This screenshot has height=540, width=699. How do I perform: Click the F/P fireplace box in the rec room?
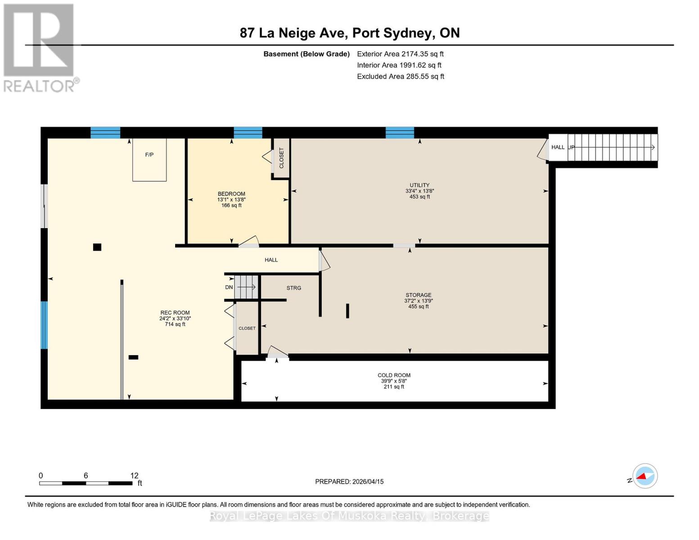pyautogui.click(x=149, y=159)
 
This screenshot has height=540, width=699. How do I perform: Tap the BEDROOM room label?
pyautogui.click(x=231, y=193)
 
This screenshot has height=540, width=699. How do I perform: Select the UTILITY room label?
pyautogui.click(x=419, y=185)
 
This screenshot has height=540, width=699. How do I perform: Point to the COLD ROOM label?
pyautogui.click(x=394, y=375)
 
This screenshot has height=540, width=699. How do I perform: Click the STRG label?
pyautogui.click(x=294, y=288)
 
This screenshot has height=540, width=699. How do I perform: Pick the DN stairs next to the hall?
pyautogui.click(x=246, y=287)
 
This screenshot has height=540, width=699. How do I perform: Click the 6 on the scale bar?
pyautogui.click(x=86, y=475)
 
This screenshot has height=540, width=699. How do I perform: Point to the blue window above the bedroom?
pyautogui.click(x=248, y=132)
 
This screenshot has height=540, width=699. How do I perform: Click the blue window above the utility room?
pyautogui.click(x=400, y=132)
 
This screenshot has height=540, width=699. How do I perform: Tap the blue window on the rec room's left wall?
pyautogui.click(x=44, y=325)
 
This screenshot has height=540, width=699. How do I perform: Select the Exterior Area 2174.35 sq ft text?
pyautogui.click(x=400, y=54)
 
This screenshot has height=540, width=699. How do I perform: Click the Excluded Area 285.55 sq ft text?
pyautogui.click(x=401, y=76)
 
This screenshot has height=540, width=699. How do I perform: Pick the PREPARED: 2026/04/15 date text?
pyautogui.click(x=349, y=481)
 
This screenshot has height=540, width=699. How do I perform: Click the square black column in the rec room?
pyautogui.click(x=97, y=247)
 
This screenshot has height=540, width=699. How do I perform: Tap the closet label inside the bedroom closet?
pyautogui.click(x=281, y=158)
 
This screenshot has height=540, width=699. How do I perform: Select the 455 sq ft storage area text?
pyautogui.click(x=419, y=306)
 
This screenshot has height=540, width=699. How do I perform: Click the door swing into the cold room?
pyautogui.click(x=277, y=351)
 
